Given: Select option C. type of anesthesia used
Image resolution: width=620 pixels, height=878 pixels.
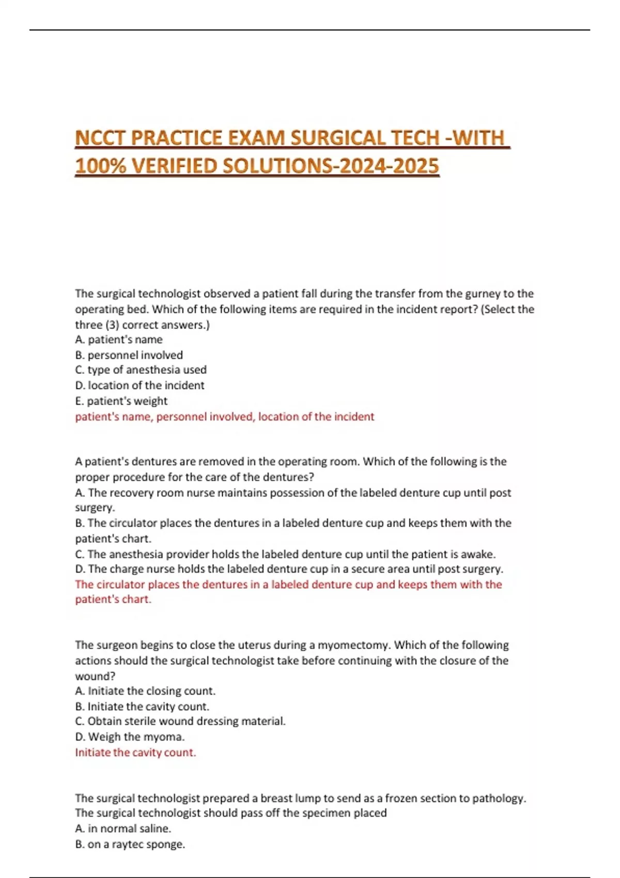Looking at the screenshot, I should coord(141,370).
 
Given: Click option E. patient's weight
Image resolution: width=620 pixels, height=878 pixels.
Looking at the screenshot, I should coord(121,401).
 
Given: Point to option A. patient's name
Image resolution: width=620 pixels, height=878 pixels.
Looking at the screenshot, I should coord(119,339).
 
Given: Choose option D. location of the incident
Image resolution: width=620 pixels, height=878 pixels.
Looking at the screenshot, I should coord(139,385).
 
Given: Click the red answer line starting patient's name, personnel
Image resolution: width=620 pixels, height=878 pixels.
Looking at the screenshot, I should coord(224,416).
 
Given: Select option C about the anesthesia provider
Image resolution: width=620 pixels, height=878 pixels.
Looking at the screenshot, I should coord(285,554).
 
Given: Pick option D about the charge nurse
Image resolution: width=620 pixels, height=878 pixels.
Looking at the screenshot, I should coord(289,569).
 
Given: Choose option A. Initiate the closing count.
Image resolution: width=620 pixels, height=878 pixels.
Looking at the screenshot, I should coord(145,691).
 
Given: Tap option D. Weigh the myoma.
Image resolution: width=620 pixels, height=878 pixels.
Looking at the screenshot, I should coord(130,737).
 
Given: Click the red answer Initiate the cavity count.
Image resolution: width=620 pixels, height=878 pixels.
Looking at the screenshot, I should coord(135,752).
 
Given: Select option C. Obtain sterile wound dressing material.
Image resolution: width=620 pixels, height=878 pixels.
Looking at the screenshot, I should coord(180,722).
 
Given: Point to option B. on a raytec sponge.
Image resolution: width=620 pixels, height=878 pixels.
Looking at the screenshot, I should coord(130,844).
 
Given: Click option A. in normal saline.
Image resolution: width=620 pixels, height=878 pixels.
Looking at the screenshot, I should coord(123,828).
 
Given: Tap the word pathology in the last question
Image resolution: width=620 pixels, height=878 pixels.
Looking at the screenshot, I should coord(500,798).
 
